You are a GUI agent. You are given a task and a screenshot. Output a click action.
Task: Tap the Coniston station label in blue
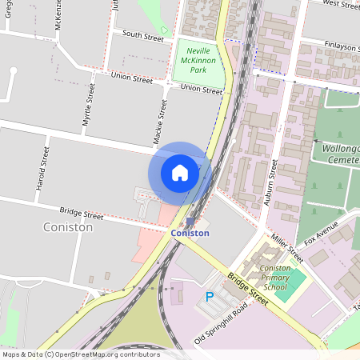[190, 233]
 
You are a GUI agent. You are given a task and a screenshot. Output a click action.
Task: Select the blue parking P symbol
[210, 297]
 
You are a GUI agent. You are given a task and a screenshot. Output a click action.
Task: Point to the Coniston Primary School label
[275, 278]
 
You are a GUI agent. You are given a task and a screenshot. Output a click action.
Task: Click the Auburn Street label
[270, 182]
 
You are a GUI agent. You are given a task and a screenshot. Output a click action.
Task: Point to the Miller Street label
[287, 248]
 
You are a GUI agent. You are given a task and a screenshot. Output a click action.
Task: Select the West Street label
[340, 5]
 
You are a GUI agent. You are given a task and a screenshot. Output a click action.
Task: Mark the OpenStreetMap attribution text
[81, 354]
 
